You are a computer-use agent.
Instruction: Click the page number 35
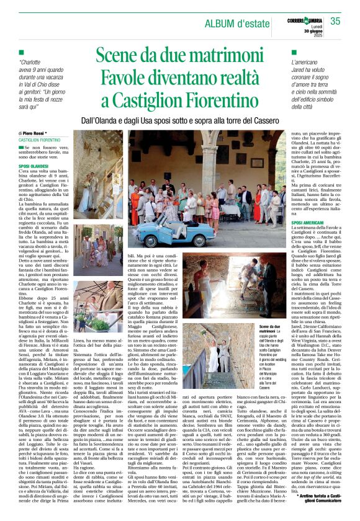(336, 20)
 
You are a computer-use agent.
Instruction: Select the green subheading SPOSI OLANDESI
(33, 167)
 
